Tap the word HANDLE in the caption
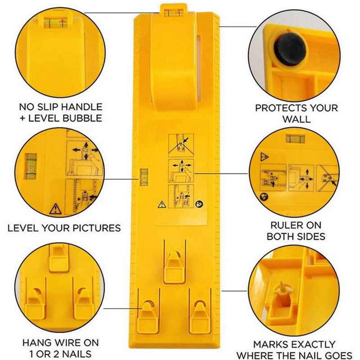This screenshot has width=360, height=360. coord(81,107)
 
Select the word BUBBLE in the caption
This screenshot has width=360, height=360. coord(82,118)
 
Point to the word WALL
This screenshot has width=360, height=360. coord(297,119)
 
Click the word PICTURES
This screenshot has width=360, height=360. coord(97,228)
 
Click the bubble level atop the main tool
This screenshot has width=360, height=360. coord(174,13)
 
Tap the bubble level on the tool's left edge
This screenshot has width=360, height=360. coord(144,177)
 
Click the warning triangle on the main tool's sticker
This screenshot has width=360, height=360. coord(162,204)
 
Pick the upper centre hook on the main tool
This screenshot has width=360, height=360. coord(175,267)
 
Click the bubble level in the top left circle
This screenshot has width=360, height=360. coord(55,23)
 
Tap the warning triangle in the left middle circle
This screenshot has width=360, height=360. coord(55,209)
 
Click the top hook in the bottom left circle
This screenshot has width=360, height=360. coord(59,258)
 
